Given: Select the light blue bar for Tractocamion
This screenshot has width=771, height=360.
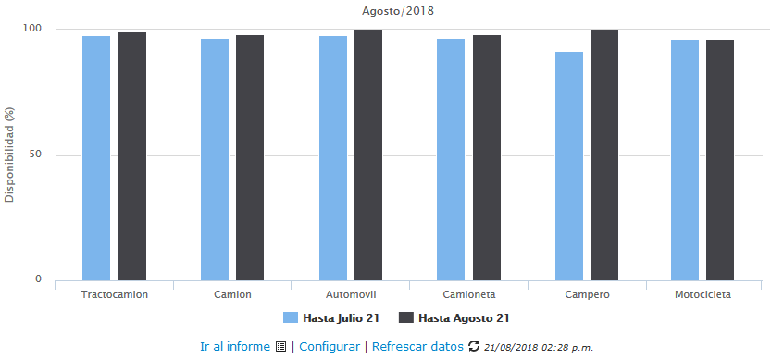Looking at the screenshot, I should (96, 157).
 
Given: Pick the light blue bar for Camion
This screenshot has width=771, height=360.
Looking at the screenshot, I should (215, 158).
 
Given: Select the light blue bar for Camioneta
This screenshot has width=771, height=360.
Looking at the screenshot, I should (451, 158).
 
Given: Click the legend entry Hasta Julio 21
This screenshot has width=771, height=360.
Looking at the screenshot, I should (333, 317).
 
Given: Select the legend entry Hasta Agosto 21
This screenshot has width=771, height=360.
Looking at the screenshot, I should (454, 317).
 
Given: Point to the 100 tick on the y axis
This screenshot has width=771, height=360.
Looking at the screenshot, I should (32, 29).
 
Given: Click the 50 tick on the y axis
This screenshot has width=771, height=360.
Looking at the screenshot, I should (35, 155).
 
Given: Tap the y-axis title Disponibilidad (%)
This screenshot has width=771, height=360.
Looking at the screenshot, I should (10, 155).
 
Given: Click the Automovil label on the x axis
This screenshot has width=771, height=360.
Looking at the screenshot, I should (351, 294).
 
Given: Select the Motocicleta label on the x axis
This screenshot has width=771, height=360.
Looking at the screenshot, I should (703, 294).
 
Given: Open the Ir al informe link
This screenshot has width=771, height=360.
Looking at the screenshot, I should (236, 347).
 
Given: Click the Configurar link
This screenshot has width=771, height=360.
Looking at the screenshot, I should (330, 347).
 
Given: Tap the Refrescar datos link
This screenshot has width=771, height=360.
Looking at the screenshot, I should (417, 347).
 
